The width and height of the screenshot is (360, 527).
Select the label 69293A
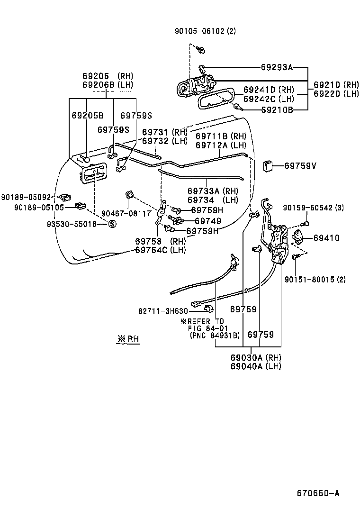pyautogui.click(x=277, y=67)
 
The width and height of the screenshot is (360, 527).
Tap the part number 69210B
pyautogui.click(x=277, y=110)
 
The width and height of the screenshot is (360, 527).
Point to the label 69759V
pyautogui.click(x=300, y=166)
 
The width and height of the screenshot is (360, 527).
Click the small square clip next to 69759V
pyautogui.click(x=268, y=165)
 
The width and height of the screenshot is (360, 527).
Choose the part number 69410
pyautogui.click(x=326, y=238)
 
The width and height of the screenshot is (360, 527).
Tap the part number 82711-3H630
pyautogui.click(x=163, y=311)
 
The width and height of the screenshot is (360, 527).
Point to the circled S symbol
pyautogui.click(x=112, y=224)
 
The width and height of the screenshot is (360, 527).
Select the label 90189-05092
pyautogui.click(x=26, y=197)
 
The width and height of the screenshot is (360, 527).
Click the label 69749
pyautogui.click(x=208, y=221)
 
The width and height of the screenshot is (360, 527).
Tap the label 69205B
pyautogui.click(x=87, y=115)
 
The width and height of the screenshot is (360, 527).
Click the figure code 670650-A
pyautogui.click(x=318, y=493)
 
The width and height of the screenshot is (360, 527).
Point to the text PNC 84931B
pyautogui.click(x=215, y=336)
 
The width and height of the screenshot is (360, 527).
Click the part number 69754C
pyautogui.click(x=152, y=250)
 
